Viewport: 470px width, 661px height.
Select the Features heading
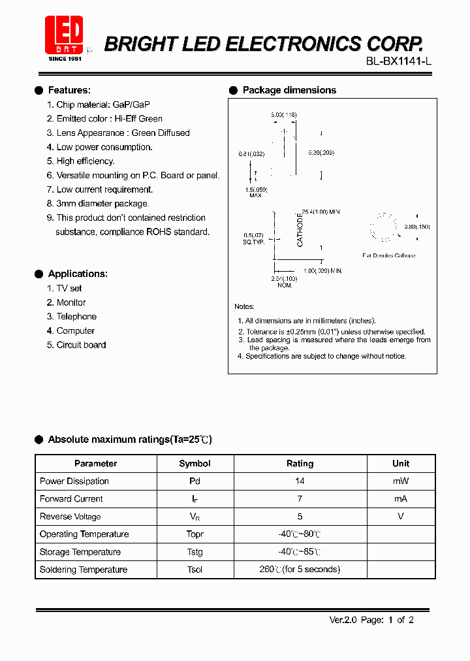coord(69,90)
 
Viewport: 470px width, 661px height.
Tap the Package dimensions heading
coord(289,90)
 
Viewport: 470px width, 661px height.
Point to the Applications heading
coord(78,274)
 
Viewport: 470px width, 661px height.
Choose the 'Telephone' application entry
coord(76,317)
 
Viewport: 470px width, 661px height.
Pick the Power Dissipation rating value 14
coord(300,481)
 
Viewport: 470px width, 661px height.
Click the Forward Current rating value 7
coord(300,499)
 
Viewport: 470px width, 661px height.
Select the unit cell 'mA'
coord(401,499)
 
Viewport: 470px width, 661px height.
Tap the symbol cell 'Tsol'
coord(195,570)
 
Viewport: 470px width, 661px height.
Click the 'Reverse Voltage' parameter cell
coord(70,517)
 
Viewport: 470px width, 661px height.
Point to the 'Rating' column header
coord(300,464)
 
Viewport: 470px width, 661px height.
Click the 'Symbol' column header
coord(195,464)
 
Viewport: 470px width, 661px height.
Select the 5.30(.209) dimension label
coord(321,153)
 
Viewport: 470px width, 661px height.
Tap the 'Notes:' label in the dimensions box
coord(245,306)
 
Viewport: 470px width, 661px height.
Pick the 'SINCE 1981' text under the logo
coord(65,59)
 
